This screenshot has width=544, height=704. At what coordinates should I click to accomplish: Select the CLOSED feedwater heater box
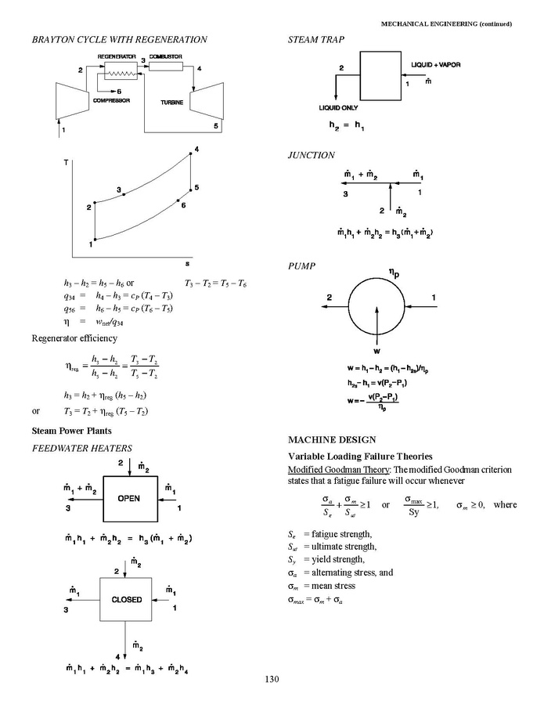click(x=125, y=600)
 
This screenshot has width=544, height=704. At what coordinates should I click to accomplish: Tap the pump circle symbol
click(x=377, y=298)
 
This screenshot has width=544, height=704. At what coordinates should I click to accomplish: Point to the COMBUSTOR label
click(x=166, y=57)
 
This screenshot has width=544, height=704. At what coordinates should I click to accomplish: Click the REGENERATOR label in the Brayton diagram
click(x=117, y=57)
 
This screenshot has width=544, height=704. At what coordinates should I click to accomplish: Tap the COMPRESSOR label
click(x=111, y=100)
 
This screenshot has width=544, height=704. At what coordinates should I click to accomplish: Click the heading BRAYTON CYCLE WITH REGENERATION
click(x=119, y=39)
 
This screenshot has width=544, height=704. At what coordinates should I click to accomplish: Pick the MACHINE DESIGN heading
click(x=332, y=439)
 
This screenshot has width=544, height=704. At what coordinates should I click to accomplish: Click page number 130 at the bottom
click(x=272, y=679)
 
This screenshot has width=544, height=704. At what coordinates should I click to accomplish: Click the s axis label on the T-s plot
click(x=187, y=263)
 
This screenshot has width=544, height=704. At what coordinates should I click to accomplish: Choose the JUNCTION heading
click(x=311, y=155)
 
